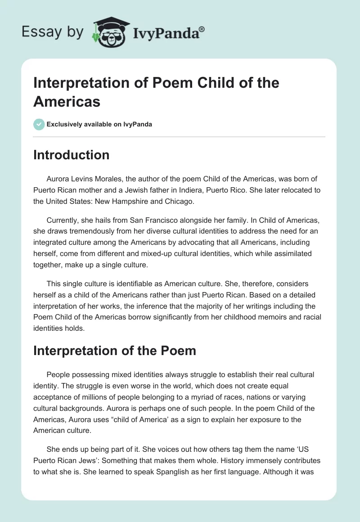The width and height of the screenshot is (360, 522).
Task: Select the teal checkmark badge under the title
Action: click(x=39, y=124)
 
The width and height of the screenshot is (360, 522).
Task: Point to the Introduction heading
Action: click(x=71, y=155)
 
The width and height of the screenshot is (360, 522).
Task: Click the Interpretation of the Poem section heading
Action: click(x=115, y=351)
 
